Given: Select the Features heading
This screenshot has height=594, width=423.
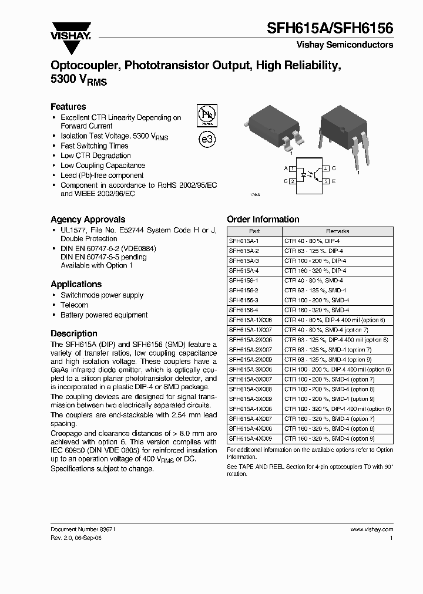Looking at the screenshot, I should [68, 107].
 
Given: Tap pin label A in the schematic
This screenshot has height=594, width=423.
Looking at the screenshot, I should [286, 168].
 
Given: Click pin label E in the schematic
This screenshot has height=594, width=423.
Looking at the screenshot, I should [334, 181].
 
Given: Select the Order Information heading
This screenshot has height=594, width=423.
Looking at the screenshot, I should [263, 220].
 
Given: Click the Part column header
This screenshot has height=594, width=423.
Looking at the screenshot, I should [254, 231].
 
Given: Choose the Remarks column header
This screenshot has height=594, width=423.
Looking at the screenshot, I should [337, 231].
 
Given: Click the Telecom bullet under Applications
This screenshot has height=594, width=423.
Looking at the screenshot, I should [75, 305].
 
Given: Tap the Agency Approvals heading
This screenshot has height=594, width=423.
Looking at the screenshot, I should [88, 220].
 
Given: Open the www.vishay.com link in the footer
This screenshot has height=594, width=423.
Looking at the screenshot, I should [371, 529].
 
